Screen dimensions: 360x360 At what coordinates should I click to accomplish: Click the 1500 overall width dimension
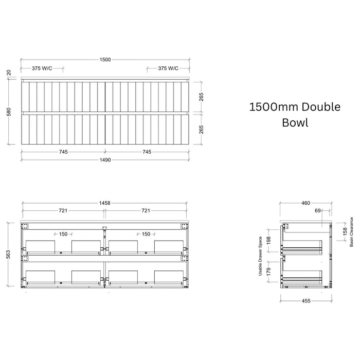(105, 60)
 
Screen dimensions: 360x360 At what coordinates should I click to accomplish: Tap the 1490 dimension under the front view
(105, 160)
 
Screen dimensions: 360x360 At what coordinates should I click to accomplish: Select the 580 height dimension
(9, 112)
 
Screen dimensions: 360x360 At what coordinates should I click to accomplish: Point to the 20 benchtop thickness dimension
(9, 73)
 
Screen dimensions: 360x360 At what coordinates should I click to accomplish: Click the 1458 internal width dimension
(105, 203)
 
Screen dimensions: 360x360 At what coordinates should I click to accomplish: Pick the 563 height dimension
(8, 255)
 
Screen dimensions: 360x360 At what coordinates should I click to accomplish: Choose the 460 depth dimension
(305, 203)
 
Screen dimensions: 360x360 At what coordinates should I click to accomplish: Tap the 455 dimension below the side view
(306, 301)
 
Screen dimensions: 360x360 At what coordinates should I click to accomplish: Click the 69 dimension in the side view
(317, 210)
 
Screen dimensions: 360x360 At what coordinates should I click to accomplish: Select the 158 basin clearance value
(345, 232)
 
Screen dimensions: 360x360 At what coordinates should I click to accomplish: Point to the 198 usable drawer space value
(269, 240)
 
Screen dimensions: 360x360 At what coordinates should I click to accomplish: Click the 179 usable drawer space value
(269, 272)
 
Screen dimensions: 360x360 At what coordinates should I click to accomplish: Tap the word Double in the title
(321, 107)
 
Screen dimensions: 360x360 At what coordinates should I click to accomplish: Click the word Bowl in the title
(295, 122)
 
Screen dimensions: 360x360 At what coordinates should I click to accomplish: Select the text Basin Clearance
(351, 232)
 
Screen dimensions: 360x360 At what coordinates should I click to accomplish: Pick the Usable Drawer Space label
(260, 256)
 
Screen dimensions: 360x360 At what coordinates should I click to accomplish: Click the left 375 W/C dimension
(42, 68)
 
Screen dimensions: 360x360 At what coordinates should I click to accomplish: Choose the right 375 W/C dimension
(168, 68)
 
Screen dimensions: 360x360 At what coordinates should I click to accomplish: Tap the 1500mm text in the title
(274, 107)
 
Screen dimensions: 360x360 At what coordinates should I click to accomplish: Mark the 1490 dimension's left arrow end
(21, 160)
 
